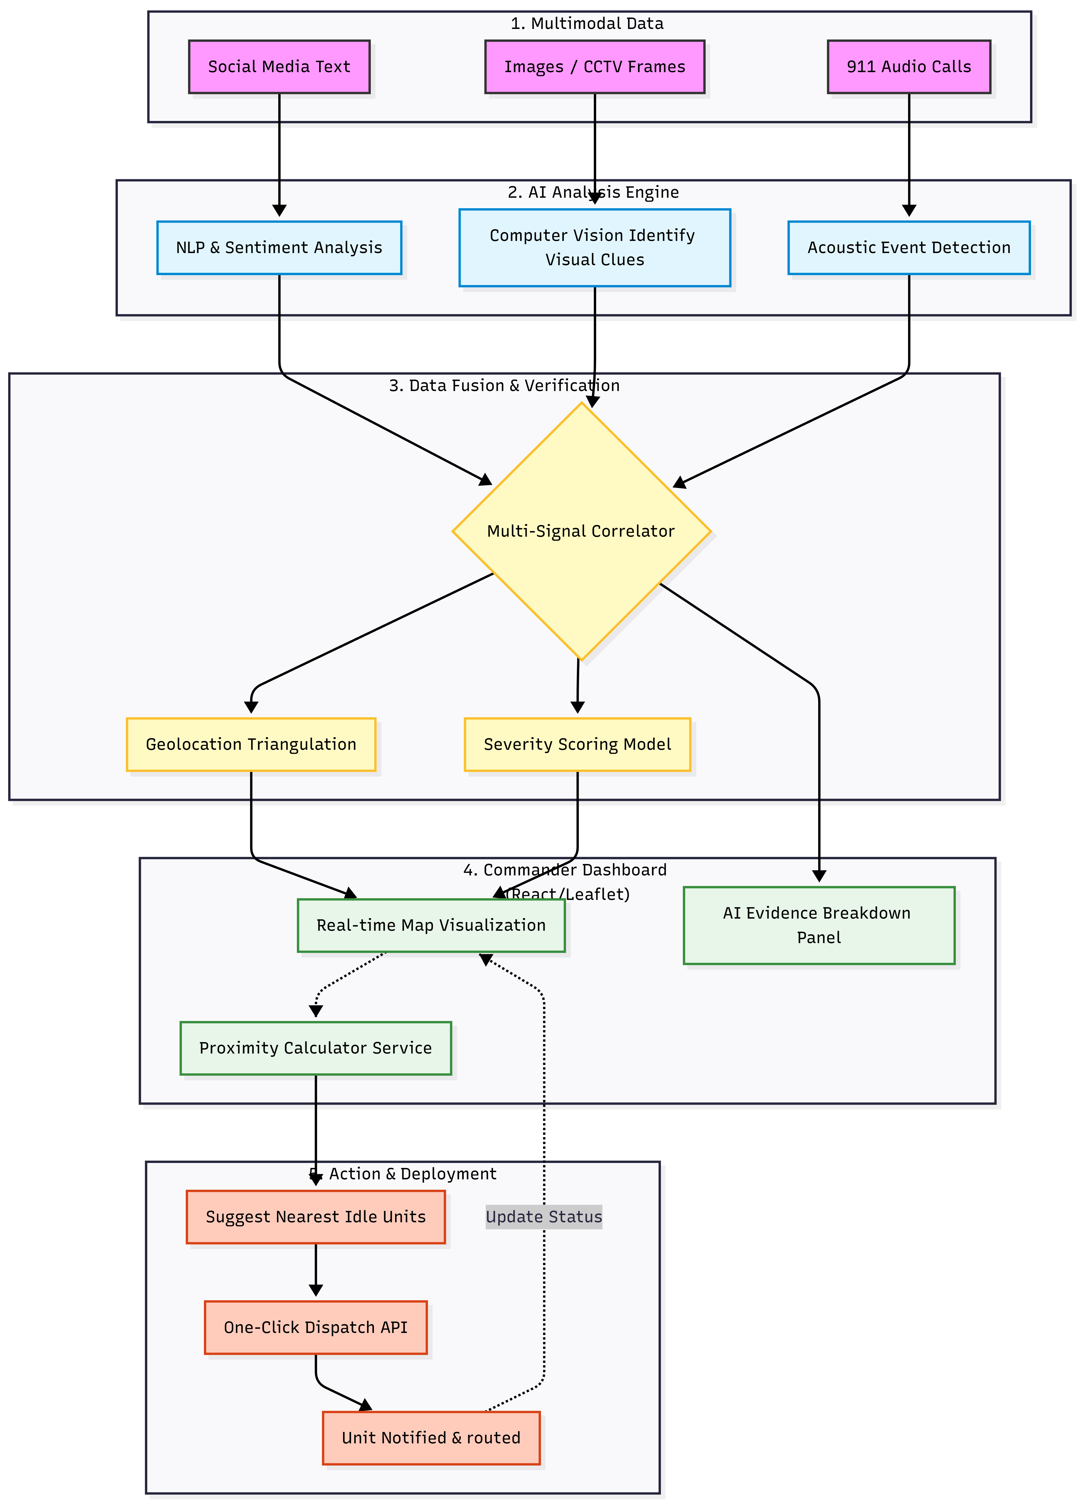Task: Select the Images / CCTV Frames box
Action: tap(594, 66)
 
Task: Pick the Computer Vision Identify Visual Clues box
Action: tap(594, 247)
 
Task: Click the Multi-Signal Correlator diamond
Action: tap(581, 531)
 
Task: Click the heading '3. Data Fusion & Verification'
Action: tap(504, 386)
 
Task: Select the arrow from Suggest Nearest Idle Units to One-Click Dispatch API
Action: tap(316, 1271)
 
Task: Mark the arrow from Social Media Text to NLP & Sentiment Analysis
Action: tap(279, 153)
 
